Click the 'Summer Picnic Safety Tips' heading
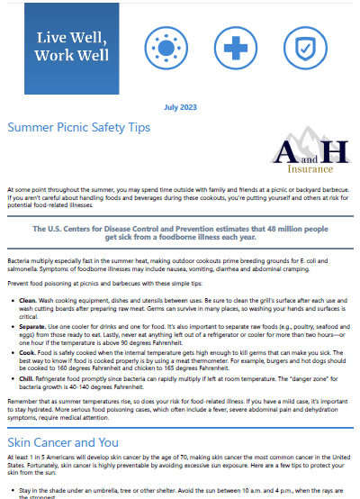tap(78, 128)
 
